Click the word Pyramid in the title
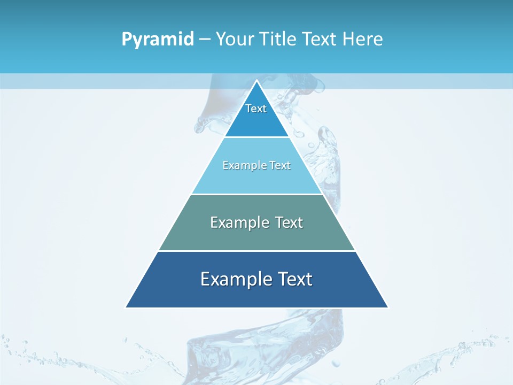(158, 40)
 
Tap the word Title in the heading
(279, 39)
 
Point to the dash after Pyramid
(205, 40)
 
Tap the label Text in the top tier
(256, 109)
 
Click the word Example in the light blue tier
(239, 165)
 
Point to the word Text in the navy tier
(295, 279)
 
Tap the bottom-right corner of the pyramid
(387, 307)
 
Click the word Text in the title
(319, 39)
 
